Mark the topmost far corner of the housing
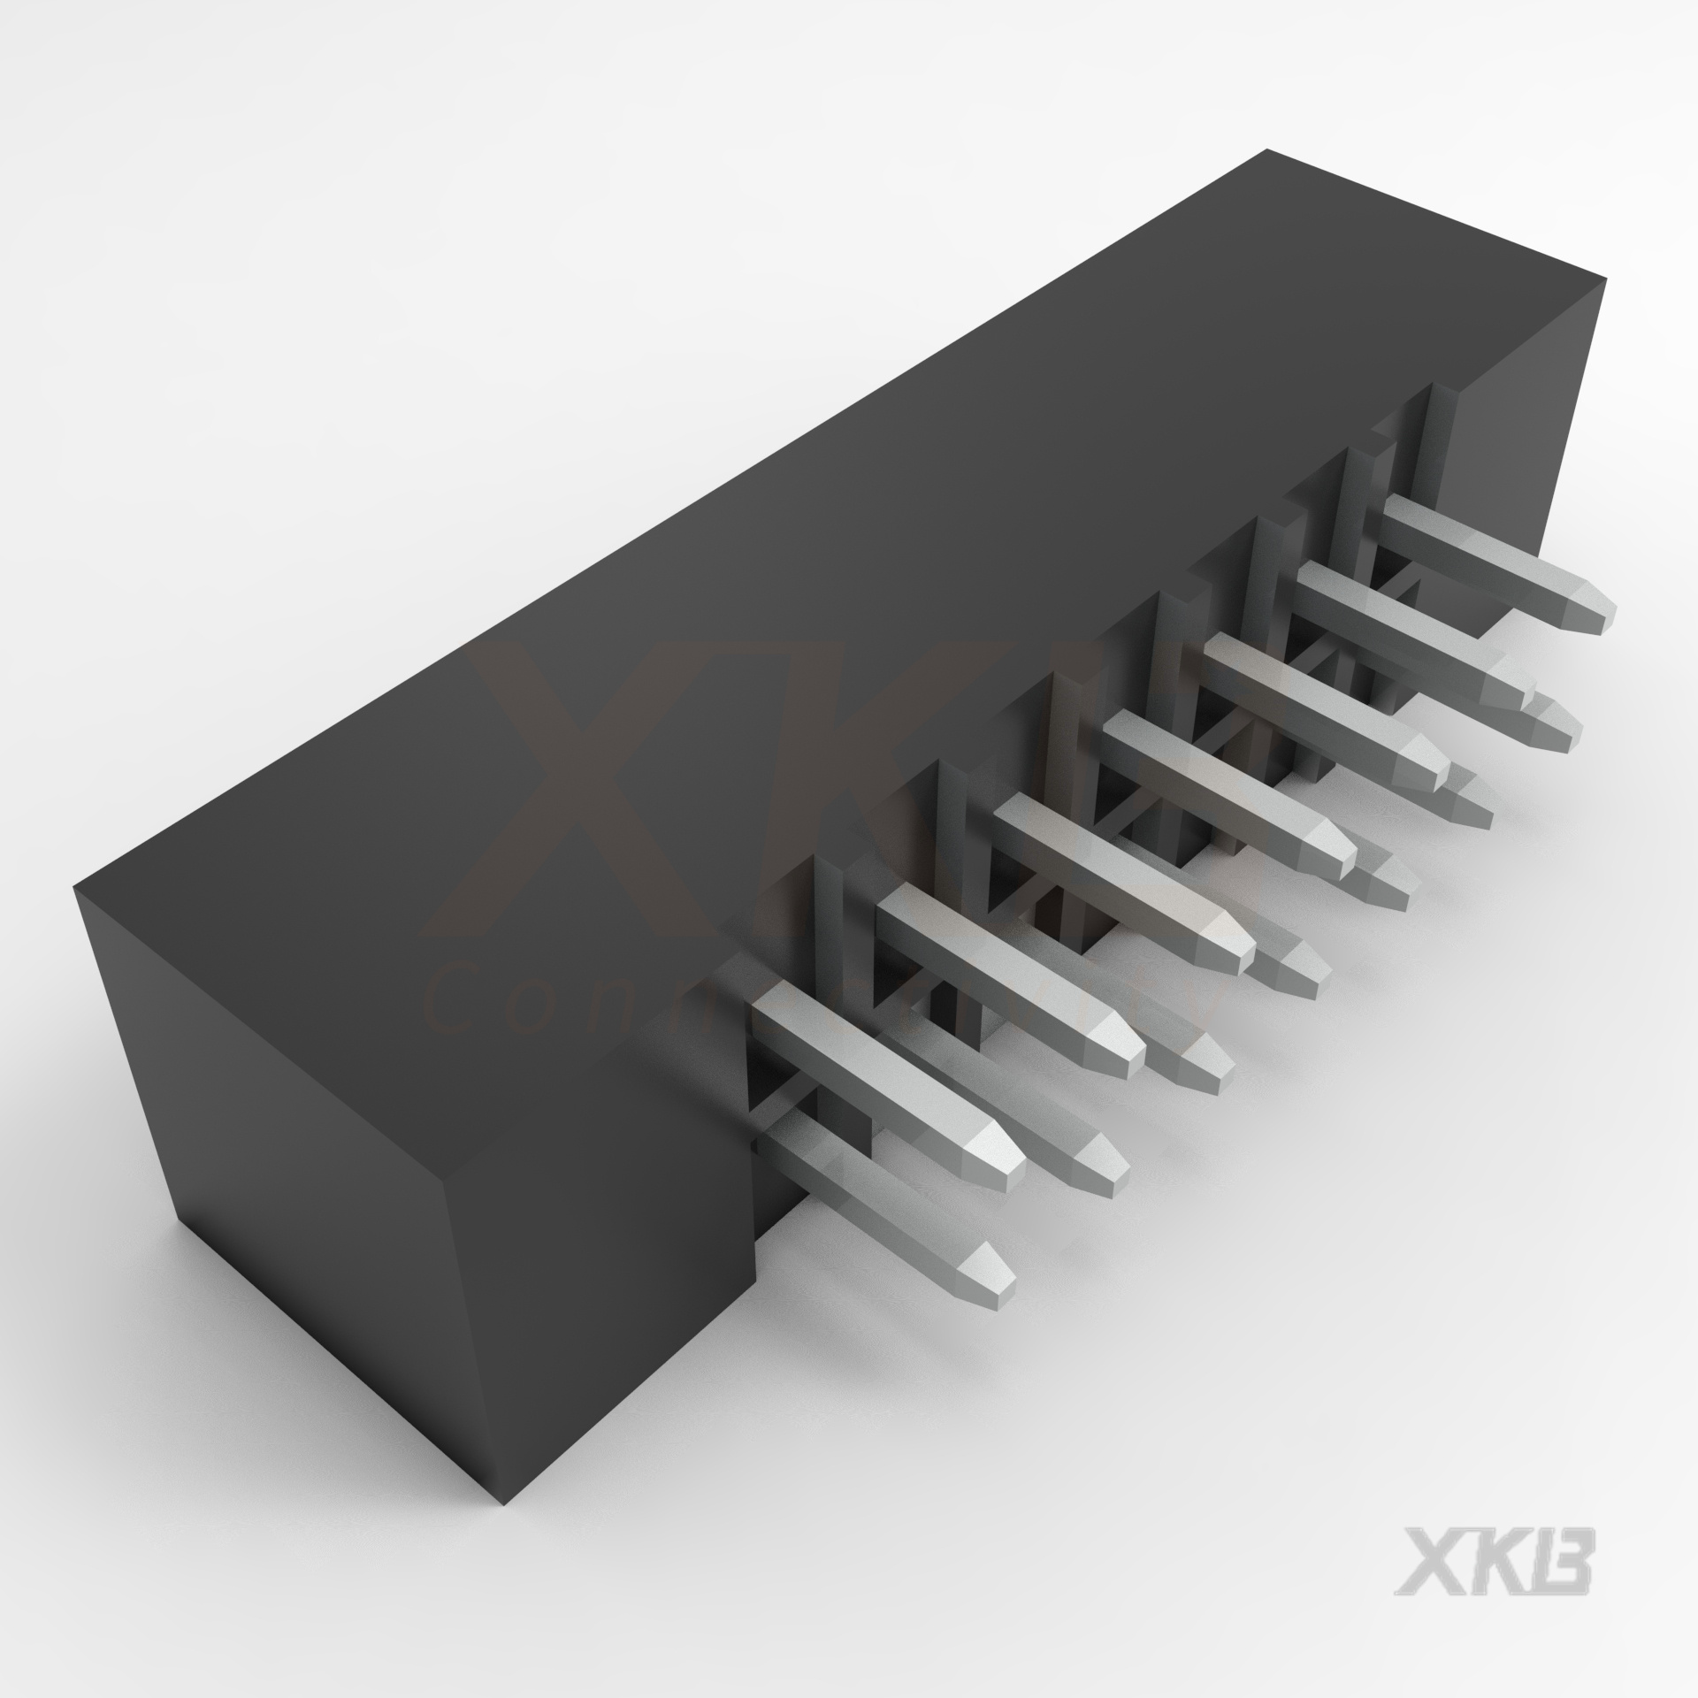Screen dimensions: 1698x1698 [x=1266, y=152]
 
